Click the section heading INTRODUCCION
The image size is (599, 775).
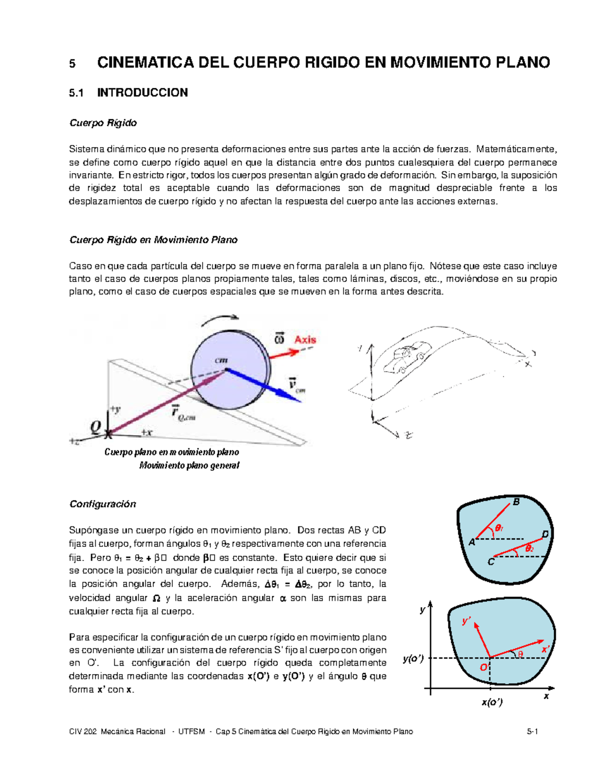(142, 93)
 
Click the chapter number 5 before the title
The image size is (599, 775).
(72, 63)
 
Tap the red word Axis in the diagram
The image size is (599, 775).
(305, 340)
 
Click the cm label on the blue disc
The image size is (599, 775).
(221, 360)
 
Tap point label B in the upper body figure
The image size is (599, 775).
(517, 502)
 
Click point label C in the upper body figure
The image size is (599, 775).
(491, 562)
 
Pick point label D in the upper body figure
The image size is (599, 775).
(545, 534)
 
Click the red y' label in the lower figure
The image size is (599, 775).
(467, 621)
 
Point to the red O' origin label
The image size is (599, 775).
(484, 668)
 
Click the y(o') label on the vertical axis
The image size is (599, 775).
(413, 659)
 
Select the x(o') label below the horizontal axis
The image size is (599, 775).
(492, 702)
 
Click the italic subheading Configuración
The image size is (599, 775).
(103, 504)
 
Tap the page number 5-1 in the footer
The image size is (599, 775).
(532, 732)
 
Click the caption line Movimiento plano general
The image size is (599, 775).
(189, 466)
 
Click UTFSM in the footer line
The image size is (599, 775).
(192, 732)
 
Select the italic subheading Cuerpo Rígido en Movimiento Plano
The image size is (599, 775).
(153, 240)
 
